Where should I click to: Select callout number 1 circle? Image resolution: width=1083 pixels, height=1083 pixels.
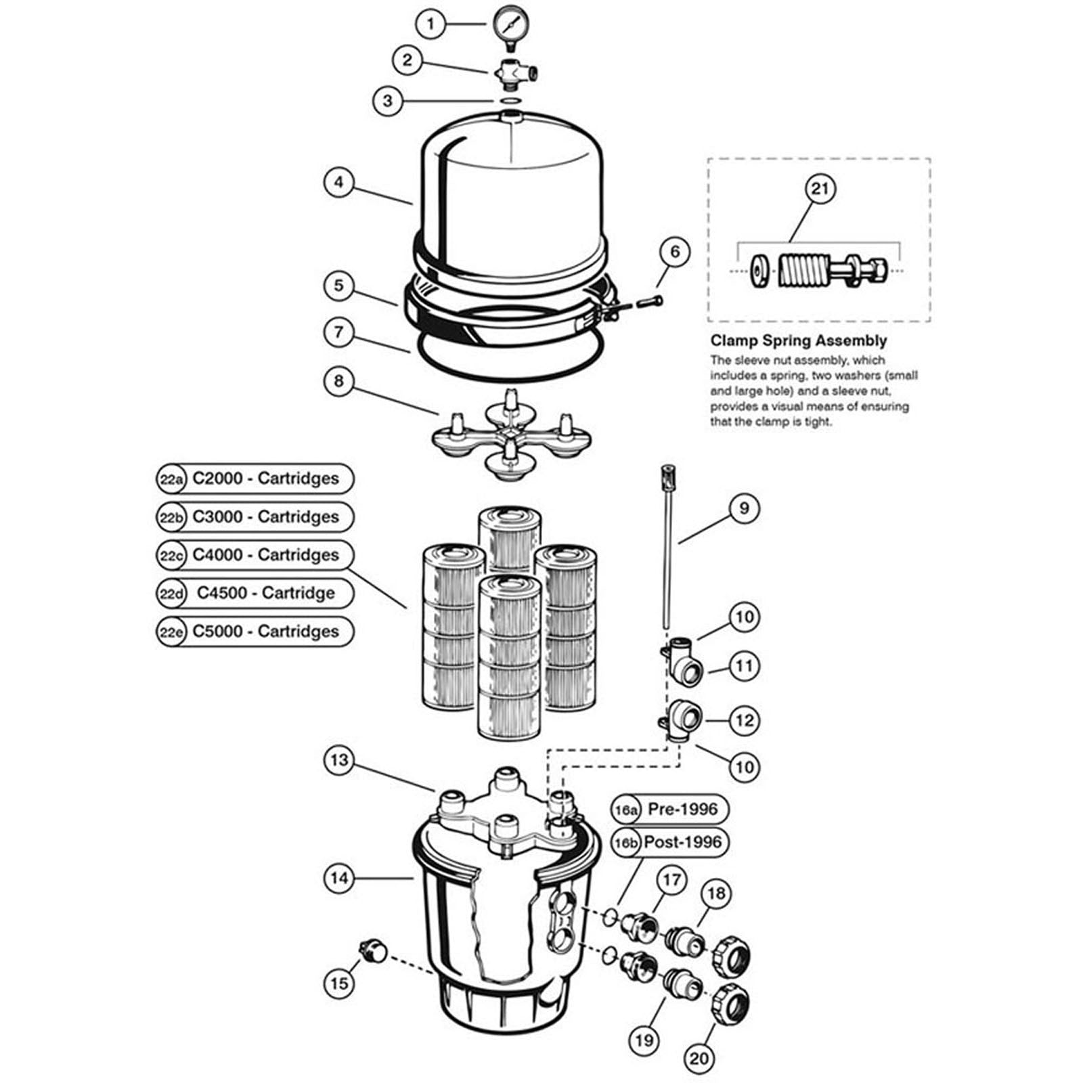[430, 25]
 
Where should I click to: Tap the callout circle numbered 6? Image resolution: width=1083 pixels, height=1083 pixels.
[674, 252]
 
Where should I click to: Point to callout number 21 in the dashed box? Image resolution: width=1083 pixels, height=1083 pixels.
[819, 188]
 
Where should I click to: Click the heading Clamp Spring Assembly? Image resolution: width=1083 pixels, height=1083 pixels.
[798, 341]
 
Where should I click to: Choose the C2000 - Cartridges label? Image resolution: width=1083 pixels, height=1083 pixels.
[265, 479]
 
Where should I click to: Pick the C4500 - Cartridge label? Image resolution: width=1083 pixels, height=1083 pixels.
[265, 594]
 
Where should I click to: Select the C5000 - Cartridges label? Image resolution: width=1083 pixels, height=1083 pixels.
[265, 632]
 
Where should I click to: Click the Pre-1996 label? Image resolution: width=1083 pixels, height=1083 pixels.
[682, 809]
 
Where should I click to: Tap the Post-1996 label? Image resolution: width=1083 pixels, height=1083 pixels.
[683, 843]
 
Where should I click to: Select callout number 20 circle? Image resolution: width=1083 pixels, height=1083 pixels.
[699, 1056]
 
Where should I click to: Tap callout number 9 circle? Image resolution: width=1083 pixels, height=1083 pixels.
[743, 508]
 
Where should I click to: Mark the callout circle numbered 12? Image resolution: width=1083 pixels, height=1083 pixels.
[744, 720]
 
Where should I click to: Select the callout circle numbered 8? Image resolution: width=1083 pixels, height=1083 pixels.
[338, 381]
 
